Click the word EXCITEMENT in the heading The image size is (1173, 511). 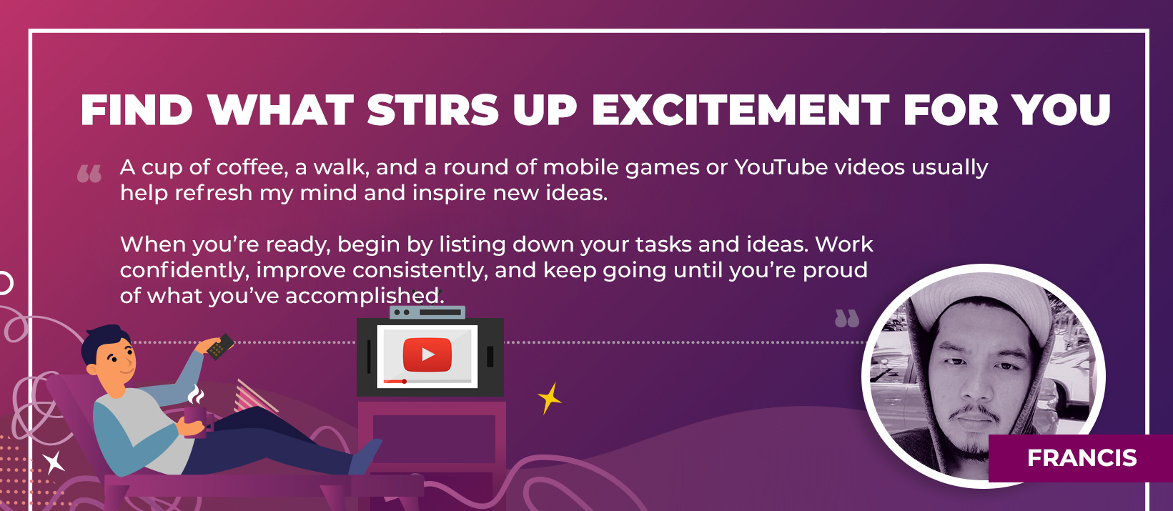point(741,110)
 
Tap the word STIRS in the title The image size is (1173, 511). point(432,110)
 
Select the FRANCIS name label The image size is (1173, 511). point(1082,458)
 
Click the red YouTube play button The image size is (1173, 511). point(427,354)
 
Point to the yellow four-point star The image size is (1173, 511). point(549,399)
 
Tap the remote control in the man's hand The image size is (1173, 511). point(220,346)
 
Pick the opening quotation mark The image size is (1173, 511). point(89,174)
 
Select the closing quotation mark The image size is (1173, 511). point(847,318)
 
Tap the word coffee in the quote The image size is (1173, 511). point(252,167)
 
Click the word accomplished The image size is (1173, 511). point(365,297)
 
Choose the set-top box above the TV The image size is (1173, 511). point(427,312)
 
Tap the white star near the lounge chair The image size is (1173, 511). point(53,462)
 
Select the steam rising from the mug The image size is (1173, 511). point(196,395)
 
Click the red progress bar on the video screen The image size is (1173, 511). point(395,382)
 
